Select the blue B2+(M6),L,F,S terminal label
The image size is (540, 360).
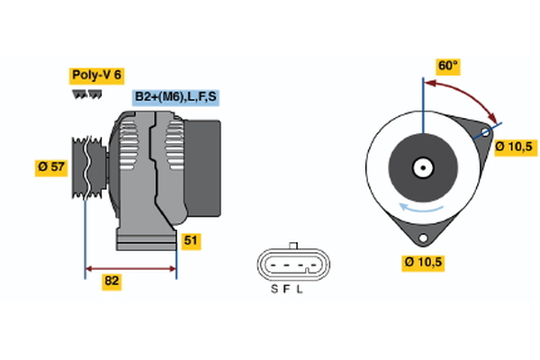coord(175,96)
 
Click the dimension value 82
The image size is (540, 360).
coord(112,282)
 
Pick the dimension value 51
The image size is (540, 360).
coord(190,240)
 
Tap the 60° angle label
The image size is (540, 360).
coord(447,66)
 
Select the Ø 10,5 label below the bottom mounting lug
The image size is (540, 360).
coord(423,263)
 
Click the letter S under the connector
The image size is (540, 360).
coord(274,289)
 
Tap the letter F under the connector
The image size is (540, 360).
coord(287,289)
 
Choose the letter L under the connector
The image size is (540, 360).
coord(301,289)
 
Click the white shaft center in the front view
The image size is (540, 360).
coord(421,166)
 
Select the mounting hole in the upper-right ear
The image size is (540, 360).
coord(484,132)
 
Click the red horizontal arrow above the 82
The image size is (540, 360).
coord(130,267)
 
